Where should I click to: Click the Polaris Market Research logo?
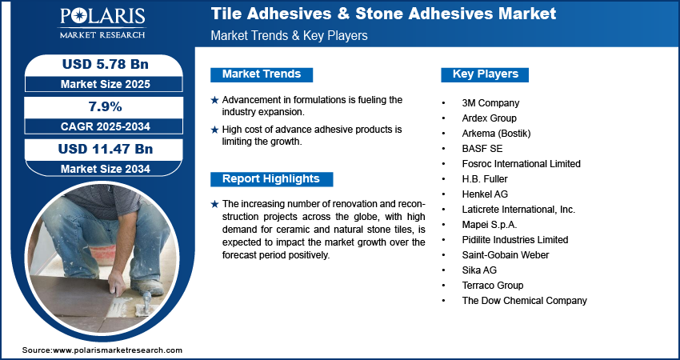[x=102, y=22]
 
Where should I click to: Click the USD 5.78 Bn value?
[x=106, y=64]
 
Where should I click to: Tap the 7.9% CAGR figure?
[x=105, y=106]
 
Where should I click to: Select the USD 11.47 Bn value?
[x=106, y=149]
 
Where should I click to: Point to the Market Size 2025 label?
[x=106, y=84]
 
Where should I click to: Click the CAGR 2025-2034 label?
[x=106, y=126]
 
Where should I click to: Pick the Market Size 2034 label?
[x=106, y=169]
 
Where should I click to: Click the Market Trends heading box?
[x=262, y=74]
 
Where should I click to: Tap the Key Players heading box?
[x=485, y=74]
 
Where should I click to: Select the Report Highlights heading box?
[x=271, y=179]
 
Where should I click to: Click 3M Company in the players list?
[x=490, y=103]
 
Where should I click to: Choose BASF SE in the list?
[x=482, y=149]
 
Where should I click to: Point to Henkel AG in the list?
[x=485, y=194]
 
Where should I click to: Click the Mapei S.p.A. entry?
[x=490, y=225]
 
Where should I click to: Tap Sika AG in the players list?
[x=479, y=270]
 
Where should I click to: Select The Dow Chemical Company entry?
[x=524, y=301]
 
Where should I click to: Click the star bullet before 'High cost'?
[x=214, y=130]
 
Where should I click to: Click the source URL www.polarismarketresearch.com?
[x=118, y=350]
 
